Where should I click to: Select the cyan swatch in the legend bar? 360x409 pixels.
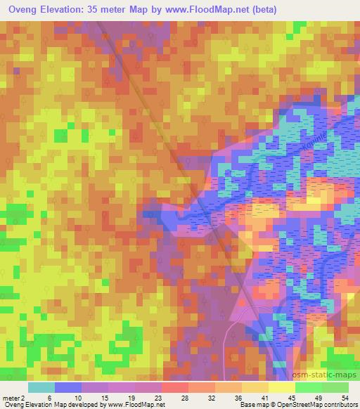(x=41, y=387)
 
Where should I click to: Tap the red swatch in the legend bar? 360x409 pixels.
(x=174, y=387)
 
